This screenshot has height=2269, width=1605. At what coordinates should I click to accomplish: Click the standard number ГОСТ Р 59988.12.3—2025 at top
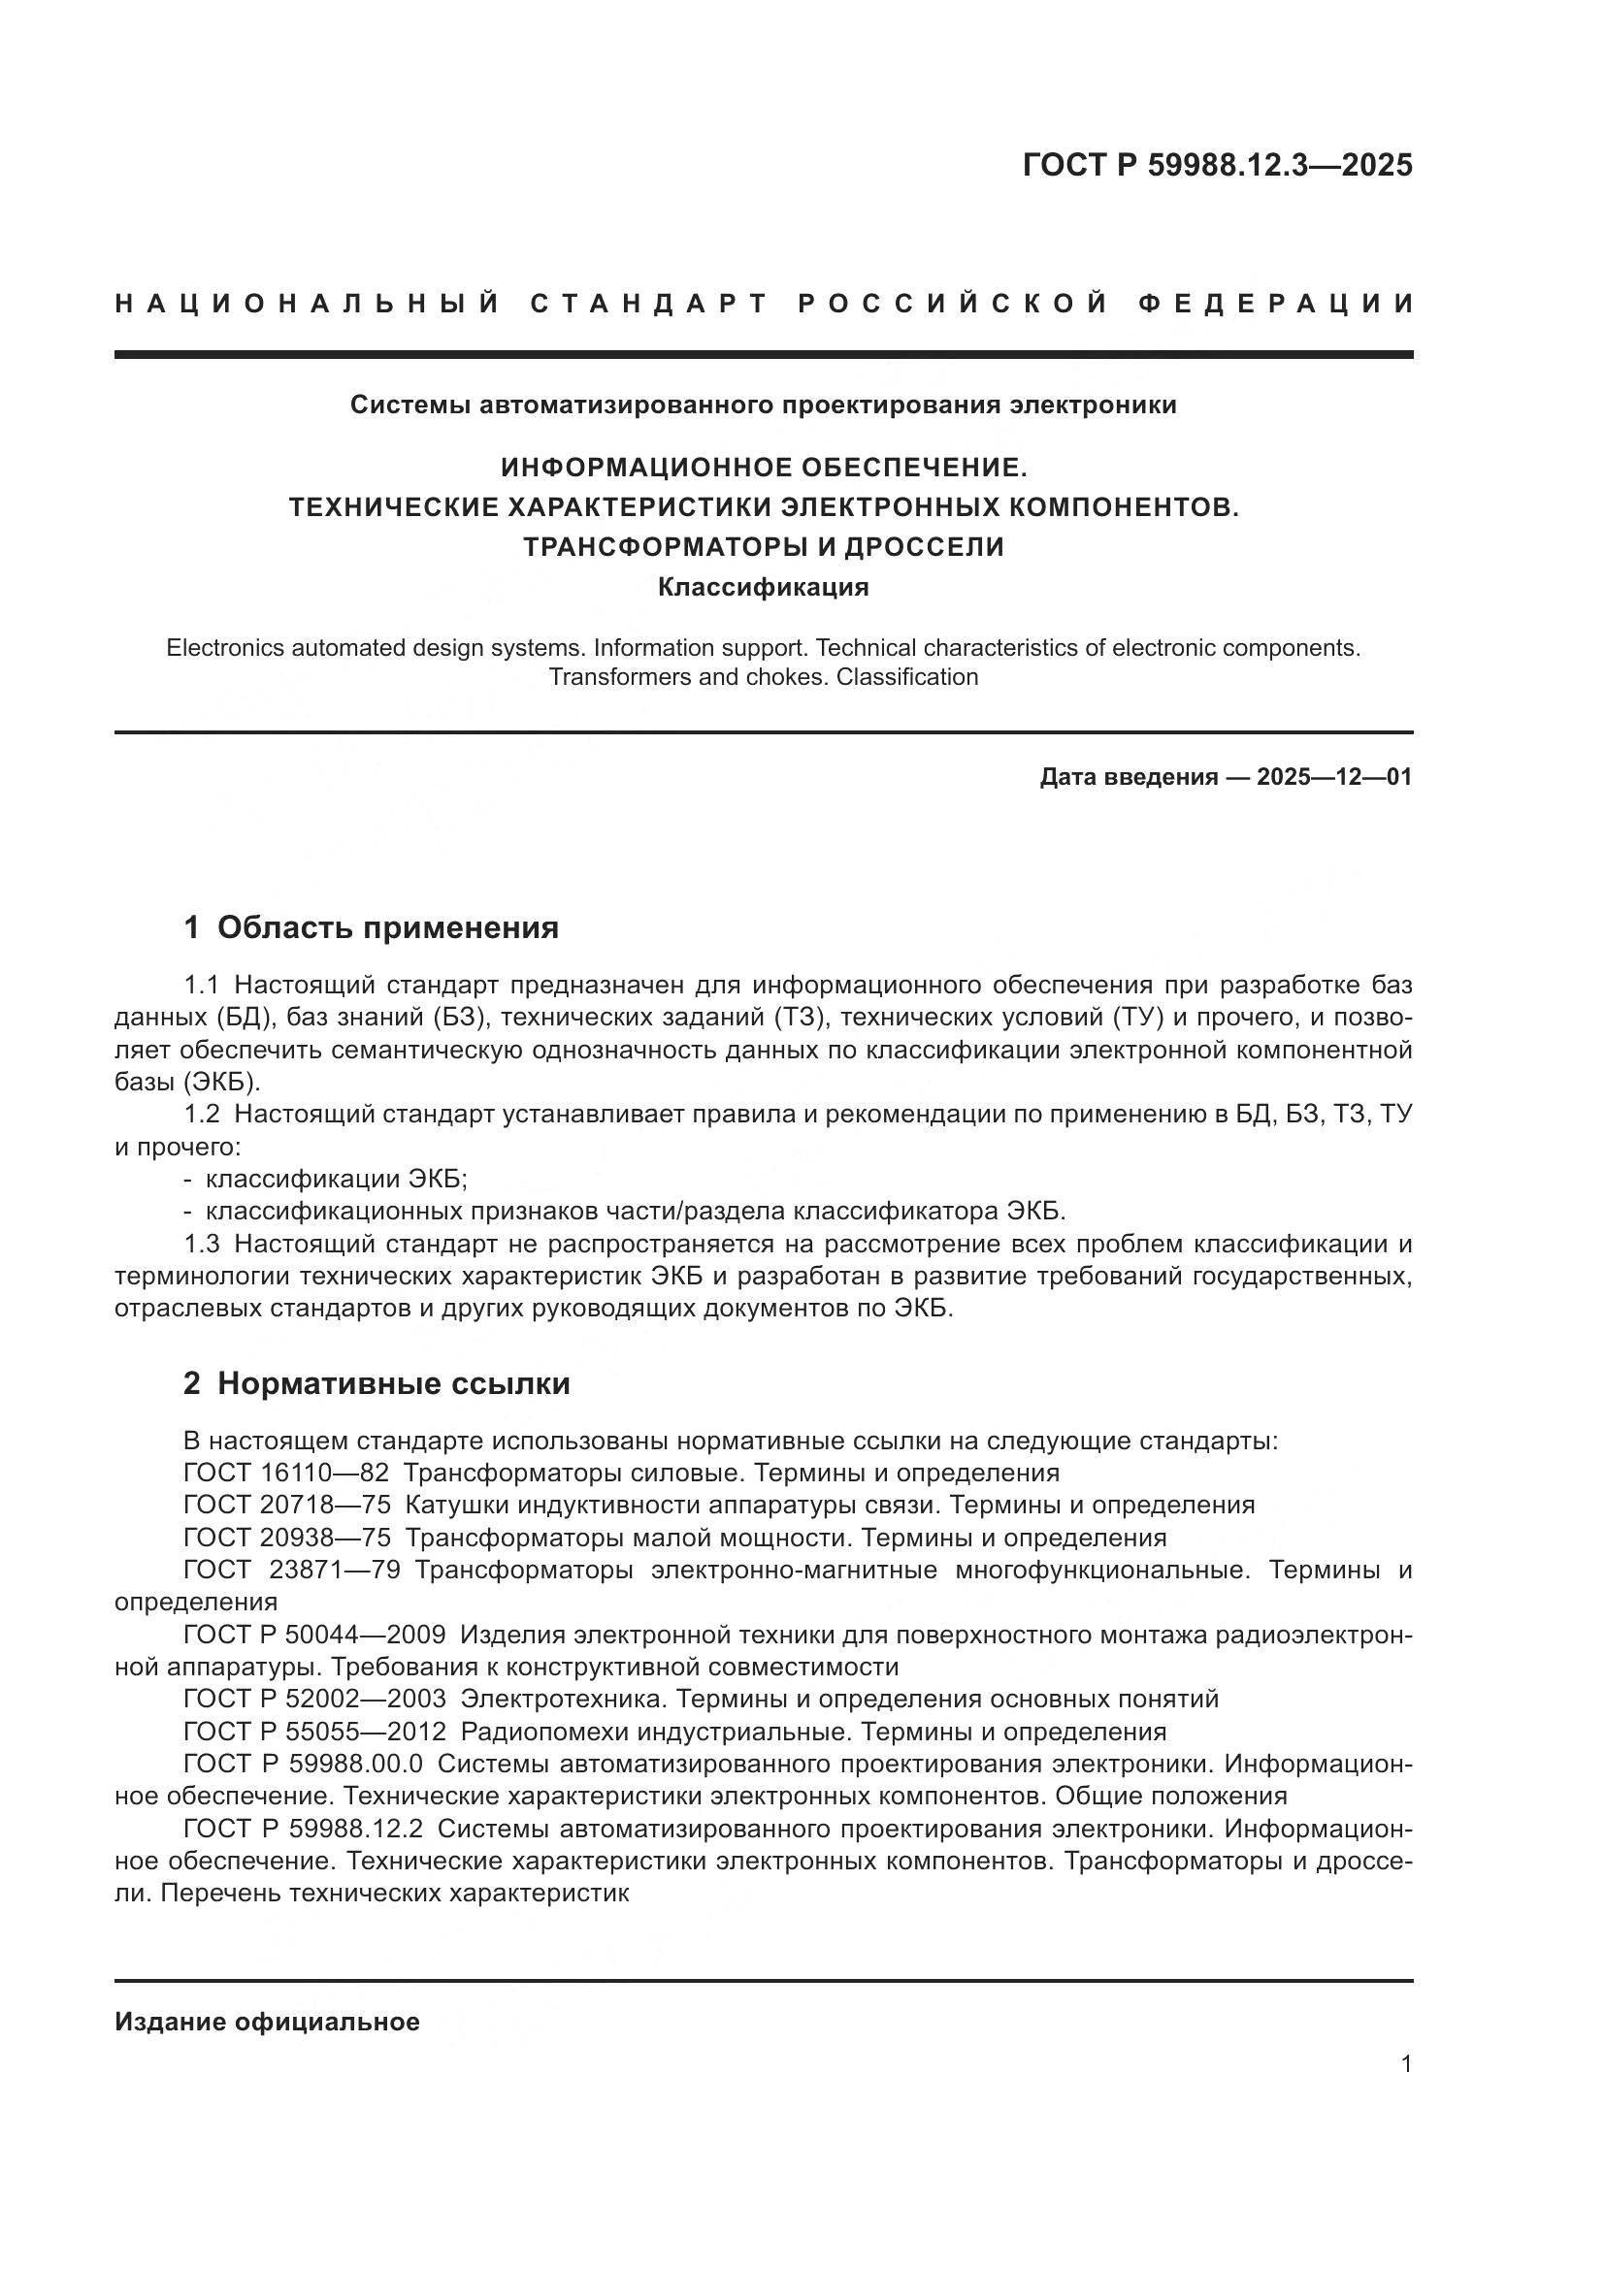(1217, 165)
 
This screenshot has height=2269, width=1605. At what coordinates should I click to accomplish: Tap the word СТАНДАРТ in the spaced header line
(649, 304)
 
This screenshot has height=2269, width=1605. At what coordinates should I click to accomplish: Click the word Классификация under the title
(763, 587)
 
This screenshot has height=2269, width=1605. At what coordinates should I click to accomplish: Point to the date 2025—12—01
(1334, 777)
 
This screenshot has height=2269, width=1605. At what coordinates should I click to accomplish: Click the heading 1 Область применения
(372, 927)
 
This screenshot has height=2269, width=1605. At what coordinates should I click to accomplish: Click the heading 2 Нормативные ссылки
(377, 1383)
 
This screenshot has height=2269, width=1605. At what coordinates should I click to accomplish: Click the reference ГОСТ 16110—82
(285, 1473)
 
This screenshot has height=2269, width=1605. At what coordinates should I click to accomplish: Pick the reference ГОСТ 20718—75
(286, 1506)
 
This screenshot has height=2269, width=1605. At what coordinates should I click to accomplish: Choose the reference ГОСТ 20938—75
(286, 1538)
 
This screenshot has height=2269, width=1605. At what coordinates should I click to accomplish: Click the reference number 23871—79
(333, 1571)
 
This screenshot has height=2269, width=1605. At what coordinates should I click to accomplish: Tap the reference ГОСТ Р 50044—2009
(314, 1636)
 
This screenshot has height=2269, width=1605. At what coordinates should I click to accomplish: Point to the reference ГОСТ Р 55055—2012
(314, 1732)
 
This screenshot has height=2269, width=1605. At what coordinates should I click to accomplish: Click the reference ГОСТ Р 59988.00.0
(303, 1764)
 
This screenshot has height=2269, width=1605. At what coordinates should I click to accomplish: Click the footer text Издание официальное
(267, 2022)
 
